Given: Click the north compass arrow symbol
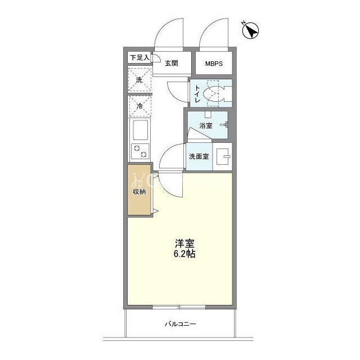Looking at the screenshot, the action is coord(251,30).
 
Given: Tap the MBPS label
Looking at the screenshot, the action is coord(214,64).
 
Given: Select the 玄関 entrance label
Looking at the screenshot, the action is coord(172,63).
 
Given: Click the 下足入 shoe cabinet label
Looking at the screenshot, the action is coord(139,57).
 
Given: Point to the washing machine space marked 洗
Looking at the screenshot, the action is coord(139,80).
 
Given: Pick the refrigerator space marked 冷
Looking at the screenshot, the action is coord(139,106).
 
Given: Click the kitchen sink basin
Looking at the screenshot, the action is coord(140,130).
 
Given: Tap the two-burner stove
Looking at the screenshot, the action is coord(140,151).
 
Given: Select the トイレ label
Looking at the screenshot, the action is coord(197,93).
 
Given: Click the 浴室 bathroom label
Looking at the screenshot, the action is coord(206,125).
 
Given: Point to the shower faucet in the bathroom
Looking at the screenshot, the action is coord(224,125).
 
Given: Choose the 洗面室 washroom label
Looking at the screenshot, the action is coord(199,156).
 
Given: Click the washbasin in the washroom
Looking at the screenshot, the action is coord(223,157).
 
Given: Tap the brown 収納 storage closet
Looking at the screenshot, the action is coord(139,190).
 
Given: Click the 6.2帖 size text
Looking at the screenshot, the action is coord(184,254).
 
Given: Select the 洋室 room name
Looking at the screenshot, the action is coord(184,244).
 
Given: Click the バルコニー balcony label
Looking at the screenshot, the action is coord(181,324).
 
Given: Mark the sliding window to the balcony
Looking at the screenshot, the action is coord(179,307).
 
